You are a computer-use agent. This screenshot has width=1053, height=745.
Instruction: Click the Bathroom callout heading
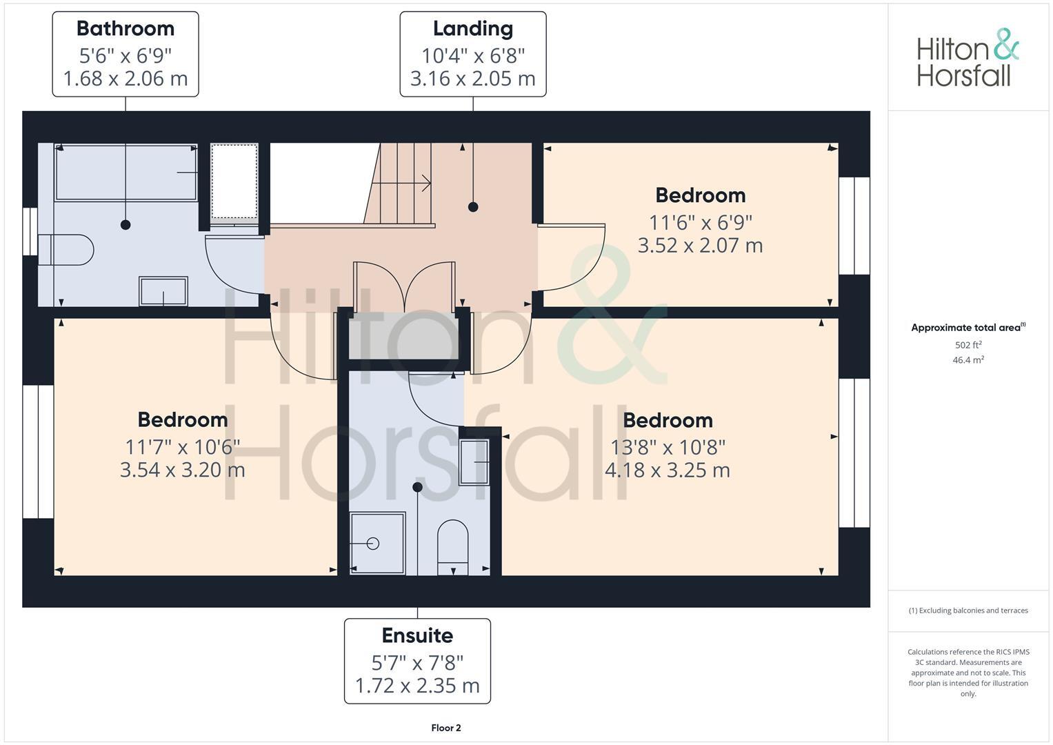coord(126,29)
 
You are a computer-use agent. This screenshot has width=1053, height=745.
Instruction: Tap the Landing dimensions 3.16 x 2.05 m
coord(472,79)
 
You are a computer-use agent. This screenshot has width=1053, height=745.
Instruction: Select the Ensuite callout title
coord(417,635)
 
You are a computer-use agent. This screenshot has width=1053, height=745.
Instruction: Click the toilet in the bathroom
coord(66,250)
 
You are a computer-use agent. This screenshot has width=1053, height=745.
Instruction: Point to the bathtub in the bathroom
coord(126,172)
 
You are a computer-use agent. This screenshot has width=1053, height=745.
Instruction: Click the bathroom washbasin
coord(163,291)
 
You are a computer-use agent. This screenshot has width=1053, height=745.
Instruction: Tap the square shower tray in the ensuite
coord(377,543)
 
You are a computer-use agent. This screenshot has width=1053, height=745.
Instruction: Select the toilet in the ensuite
coord(453,545)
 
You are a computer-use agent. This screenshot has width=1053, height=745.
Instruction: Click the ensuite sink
coord(474,462)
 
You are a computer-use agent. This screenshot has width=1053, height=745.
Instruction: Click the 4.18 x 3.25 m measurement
coord(667,470)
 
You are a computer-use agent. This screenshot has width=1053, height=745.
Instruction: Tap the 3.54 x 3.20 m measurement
coord(182,470)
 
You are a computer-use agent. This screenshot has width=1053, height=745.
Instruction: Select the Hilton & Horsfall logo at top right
coord(967,58)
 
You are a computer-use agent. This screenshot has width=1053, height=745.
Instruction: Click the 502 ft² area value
coord(967,345)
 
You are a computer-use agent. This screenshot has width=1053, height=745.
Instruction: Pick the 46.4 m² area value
coord(967,360)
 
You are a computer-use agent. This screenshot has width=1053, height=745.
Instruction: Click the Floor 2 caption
coord(445,728)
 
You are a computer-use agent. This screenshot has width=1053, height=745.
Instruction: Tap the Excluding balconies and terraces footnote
coord(968,610)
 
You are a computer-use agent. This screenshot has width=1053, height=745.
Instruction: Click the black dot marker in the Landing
coord(473,207)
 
